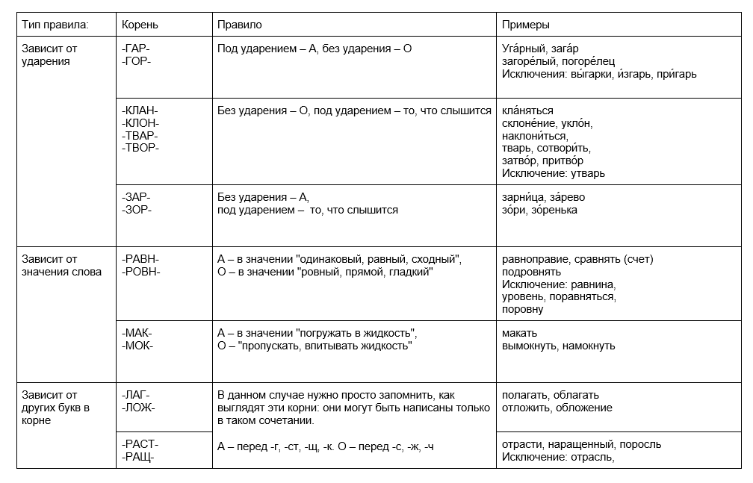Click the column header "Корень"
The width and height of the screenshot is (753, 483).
(140, 25)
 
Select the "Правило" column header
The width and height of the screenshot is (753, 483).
(239, 25)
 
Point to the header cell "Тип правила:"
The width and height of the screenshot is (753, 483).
(55, 25)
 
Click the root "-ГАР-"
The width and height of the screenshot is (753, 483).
(136, 49)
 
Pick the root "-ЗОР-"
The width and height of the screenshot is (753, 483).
(136, 210)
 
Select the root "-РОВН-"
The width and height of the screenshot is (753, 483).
(140, 272)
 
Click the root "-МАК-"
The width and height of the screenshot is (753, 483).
(137, 333)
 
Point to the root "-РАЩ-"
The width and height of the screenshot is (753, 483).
(137, 457)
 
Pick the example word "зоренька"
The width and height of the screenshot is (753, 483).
(554, 210)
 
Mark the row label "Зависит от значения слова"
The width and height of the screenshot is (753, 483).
(61, 265)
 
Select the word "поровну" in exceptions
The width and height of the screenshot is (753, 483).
(523, 308)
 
